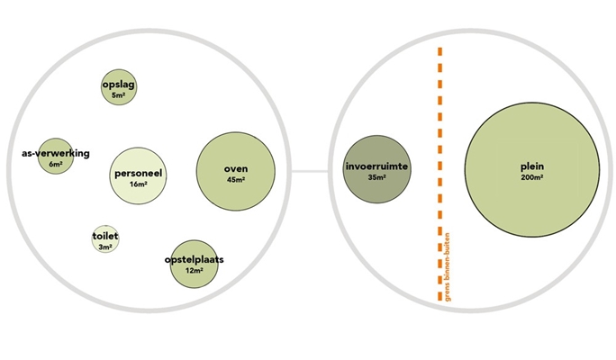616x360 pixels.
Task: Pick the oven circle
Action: pos(236,171)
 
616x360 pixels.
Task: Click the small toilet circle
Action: pos(105,239)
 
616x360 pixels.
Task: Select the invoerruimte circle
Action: pos(376,170)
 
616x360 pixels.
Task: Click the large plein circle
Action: pos(531,172)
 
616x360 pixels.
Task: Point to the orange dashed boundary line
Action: pos(440,135)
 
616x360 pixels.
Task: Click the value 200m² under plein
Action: pos(531,178)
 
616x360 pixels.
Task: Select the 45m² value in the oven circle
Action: pos(236,180)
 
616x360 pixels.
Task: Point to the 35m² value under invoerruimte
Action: pos(376,178)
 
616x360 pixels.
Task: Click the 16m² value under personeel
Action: pos(138,184)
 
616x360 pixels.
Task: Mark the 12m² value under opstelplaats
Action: pos(195,270)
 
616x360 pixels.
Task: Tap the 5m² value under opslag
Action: pos(119,94)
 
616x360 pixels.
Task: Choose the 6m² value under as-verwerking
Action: pos(55,165)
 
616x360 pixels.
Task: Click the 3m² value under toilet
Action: pos(105,247)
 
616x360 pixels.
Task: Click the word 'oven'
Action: pos(236,169)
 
